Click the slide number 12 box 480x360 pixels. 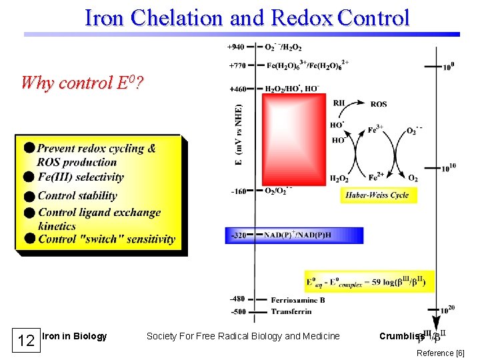pos(26,341)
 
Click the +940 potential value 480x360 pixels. pos(236,47)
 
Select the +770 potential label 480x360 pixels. pos(236,66)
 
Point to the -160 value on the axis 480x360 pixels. pos(239,191)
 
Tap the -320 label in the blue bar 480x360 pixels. pos(239,235)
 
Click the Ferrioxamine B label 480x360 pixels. pos(298,300)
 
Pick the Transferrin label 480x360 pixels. pos(291,311)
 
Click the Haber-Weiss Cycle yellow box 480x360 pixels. pos(379,195)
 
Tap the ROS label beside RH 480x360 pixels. pos(379,104)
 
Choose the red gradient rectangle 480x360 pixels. pos(294,139)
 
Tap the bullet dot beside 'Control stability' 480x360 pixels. pos(28,196)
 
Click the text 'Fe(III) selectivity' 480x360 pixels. pos(81,177)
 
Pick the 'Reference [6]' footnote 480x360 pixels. pos(440,353)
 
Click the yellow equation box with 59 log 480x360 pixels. pos(369,282)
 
